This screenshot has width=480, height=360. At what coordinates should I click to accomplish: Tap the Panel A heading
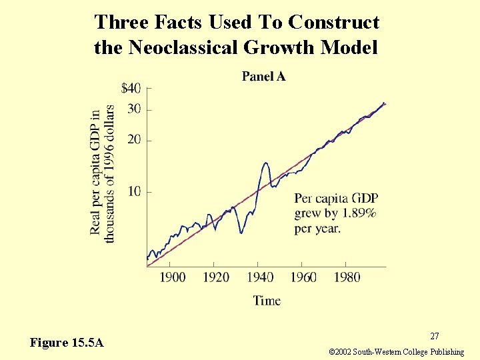tap(263, 77)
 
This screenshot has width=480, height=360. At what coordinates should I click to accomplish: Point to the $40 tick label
tap(131, 88)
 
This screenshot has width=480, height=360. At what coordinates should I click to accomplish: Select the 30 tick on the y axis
tap(134, 109)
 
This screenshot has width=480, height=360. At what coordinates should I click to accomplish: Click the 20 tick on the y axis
tap(134, 140)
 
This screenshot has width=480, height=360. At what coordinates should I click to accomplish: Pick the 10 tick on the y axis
tap(134, 192)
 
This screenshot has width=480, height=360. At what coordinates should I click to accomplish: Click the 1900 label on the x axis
tap(173, 277)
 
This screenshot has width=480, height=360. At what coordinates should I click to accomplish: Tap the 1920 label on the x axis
tap(216, 277)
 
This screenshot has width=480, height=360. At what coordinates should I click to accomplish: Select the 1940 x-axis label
tap(260, 277)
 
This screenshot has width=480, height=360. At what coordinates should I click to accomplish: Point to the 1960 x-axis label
tap(303, 277)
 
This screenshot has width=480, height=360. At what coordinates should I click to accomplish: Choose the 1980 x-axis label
tap(347, 277)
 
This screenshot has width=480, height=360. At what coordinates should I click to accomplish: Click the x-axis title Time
tap(267, 301)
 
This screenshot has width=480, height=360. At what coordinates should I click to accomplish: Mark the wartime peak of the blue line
tap(266, 163)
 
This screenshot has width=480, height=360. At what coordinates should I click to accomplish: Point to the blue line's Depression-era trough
tap(241, 232)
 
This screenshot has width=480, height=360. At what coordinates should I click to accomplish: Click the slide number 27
tap(434, 337)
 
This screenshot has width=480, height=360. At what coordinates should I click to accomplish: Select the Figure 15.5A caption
tap(67, 343)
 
